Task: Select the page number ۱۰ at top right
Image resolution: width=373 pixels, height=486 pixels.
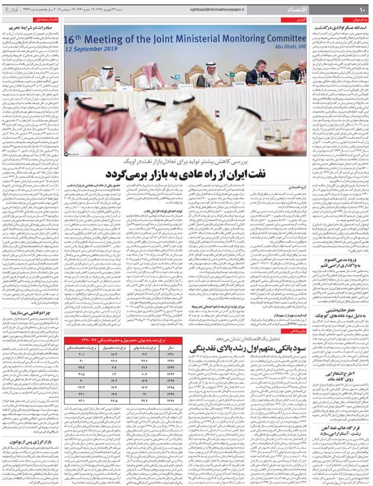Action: tap(362, 11)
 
